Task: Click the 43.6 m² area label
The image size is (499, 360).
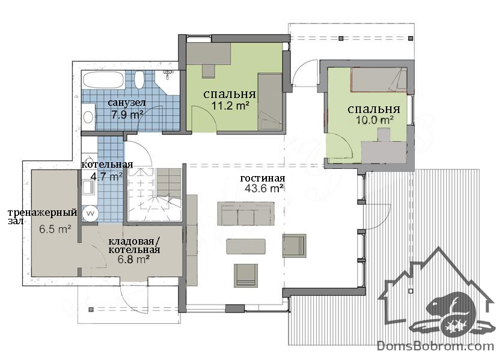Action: [264, 188]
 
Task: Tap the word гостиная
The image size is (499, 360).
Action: [263, 178]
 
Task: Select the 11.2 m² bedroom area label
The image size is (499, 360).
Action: [230, 105]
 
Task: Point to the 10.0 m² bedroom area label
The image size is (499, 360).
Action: [375, 120]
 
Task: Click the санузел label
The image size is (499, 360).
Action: [127, 103]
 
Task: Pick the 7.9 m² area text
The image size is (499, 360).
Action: [126, 114]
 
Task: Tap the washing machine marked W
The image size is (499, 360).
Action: [90, 213]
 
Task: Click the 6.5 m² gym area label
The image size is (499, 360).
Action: [55, 229]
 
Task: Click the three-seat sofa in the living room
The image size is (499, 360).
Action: [246, 213]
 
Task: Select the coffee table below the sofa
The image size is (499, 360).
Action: [246, 246]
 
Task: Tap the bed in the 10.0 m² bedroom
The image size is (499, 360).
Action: [379, 79]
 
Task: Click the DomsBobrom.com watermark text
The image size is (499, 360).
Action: [435, 346]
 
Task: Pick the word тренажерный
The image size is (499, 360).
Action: [42, 212]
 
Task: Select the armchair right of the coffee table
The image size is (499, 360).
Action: [295, 246]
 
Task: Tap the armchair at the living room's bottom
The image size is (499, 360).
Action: [246, 275]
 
